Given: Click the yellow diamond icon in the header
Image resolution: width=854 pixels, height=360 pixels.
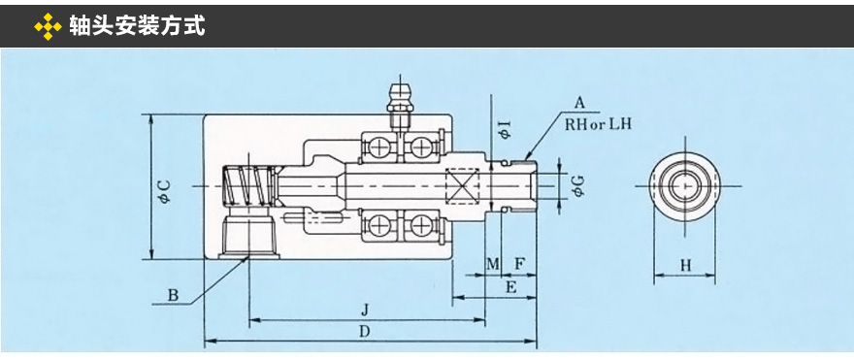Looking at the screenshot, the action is click(x=48, y=26).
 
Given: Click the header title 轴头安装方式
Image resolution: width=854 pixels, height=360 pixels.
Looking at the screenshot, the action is click(x=137, y=25).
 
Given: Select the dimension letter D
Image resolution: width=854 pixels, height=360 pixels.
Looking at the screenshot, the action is click(x=366, y=330).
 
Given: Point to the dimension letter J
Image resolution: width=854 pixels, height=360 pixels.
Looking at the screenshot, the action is click(x=366, y=310).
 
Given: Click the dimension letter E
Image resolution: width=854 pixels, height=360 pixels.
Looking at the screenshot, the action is click(x=510, y=287).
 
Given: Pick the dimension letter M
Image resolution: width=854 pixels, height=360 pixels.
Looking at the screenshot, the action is click(x=493, y=265).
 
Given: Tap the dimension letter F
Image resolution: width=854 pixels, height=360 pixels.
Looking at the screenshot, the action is click(x=519, y=265).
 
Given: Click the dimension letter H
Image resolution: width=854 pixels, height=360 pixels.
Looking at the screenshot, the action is click(x=686, y=266).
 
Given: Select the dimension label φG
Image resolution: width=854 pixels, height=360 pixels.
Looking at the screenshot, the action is click(x=578, y=186).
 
